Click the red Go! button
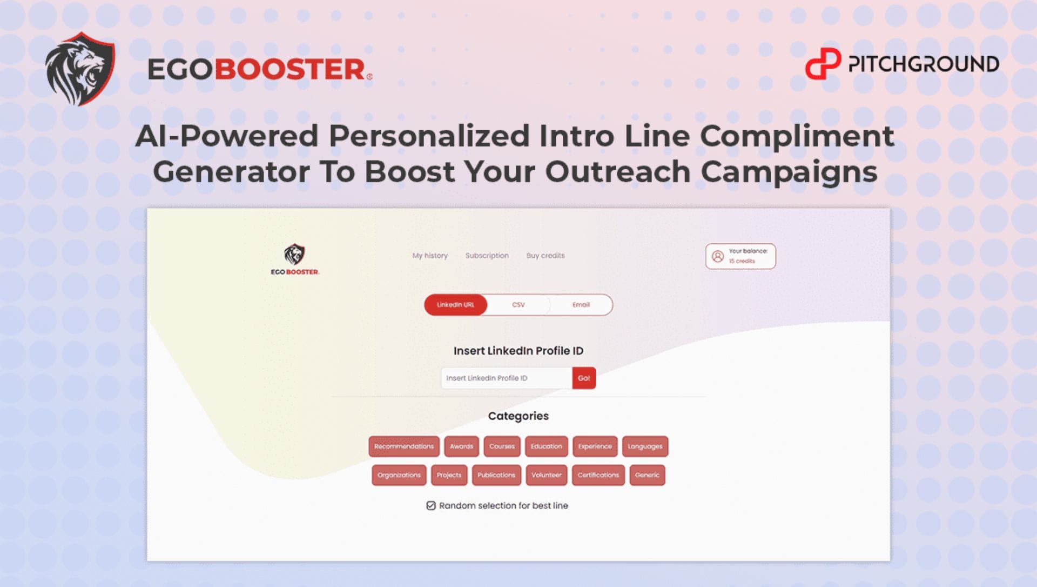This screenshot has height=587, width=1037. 584,378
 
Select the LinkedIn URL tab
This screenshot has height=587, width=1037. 455,305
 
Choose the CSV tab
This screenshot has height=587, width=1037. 518,305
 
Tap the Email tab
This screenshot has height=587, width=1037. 581,305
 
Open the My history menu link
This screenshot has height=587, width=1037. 430,256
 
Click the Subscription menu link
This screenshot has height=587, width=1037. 487,256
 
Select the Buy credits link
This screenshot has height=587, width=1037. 546,256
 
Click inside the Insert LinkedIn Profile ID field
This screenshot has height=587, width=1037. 507,378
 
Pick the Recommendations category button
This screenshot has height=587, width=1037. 404,446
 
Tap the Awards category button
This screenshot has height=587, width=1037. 461,446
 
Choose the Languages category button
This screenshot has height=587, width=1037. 645,446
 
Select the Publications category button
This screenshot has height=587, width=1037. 496,475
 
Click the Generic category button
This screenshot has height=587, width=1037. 647,475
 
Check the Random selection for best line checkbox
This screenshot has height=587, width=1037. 431,505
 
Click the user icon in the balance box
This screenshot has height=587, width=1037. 718,256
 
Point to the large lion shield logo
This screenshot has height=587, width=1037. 80,69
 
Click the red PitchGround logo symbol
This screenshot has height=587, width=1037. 823,64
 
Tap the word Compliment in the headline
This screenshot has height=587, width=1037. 797,136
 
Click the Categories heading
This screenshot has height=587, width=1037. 518,416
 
